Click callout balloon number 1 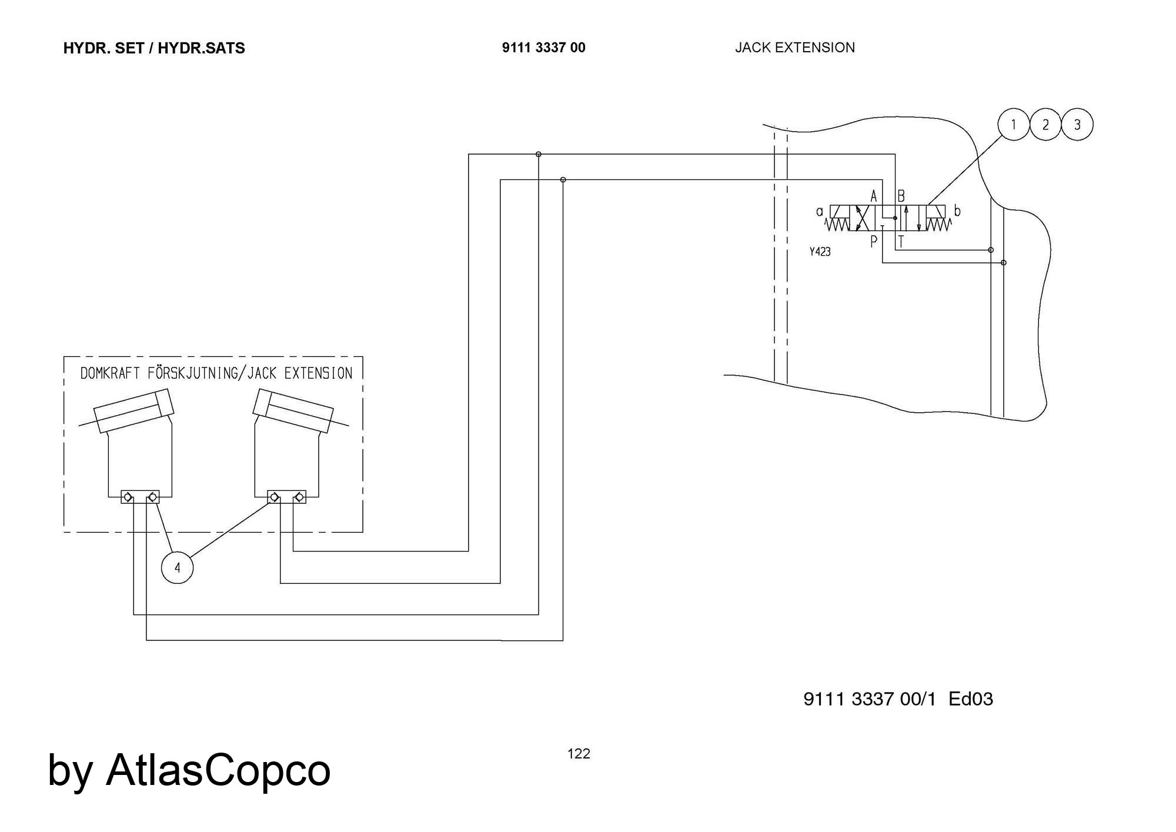click(1014, 125)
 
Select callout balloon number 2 click(1045, 125)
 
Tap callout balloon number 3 click(1077, 125)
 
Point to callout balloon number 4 click(177, 567)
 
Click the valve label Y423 click(820, 252)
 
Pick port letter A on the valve click(874, 196)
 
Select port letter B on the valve click(901, 196)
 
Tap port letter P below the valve click(874, 240)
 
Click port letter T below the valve click(901, 241)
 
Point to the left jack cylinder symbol click(133, 410)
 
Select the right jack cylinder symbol click(293, 410)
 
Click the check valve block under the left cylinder click(140, 497)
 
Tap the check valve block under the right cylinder click(287, 497)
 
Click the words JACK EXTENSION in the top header click(795, 48)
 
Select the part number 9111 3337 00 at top click(544, 48)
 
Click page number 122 click(579, 754)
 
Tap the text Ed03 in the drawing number click(971, 699)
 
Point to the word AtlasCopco click(218, 770)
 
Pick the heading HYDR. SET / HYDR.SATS click(154, 48)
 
